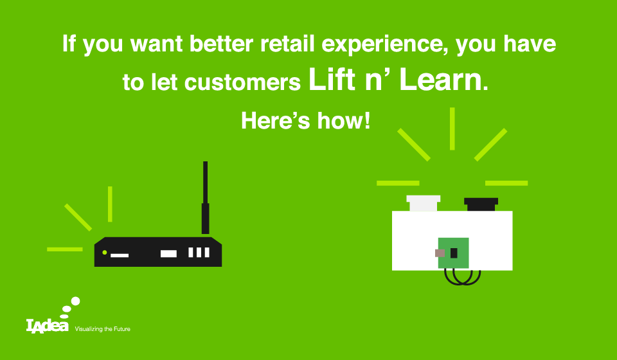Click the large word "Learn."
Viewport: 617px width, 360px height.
[x=443, y=80]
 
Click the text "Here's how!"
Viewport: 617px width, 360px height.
[x=306, y=120]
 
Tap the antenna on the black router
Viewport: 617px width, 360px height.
[x=205, y=197]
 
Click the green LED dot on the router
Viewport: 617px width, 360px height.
[x=105, y=252]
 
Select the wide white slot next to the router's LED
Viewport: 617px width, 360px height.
[x=120, y=255]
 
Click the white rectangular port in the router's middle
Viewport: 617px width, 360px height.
[x=168, y=253]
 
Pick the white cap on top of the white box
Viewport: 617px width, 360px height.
[x=424, y=203]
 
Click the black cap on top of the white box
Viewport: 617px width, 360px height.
[x=481, y=204]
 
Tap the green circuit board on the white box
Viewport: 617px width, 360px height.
[x=454, y=253]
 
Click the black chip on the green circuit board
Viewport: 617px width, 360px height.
[x=454, y=253]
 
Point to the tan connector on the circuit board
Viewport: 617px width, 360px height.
[x=440, y=253]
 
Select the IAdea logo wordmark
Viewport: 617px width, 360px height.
[x=47, y=325]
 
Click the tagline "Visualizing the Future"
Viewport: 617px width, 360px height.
[x=103, y=329]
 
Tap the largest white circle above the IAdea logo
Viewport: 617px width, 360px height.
[x=75, y=301]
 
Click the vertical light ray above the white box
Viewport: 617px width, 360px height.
[x=452, y=129]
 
